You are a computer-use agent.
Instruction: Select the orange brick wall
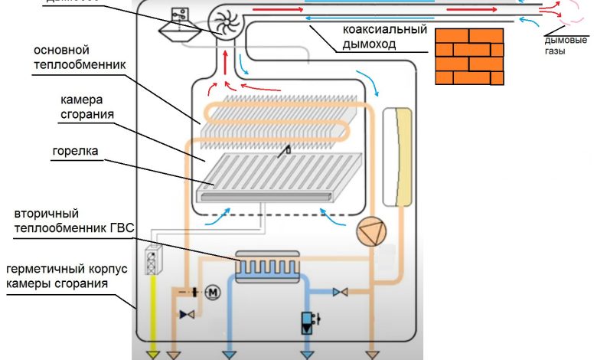point(470,57)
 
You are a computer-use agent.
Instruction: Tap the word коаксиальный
point(383,31)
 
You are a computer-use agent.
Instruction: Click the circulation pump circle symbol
point(370,231)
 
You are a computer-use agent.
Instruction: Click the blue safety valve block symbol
point(308,322)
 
